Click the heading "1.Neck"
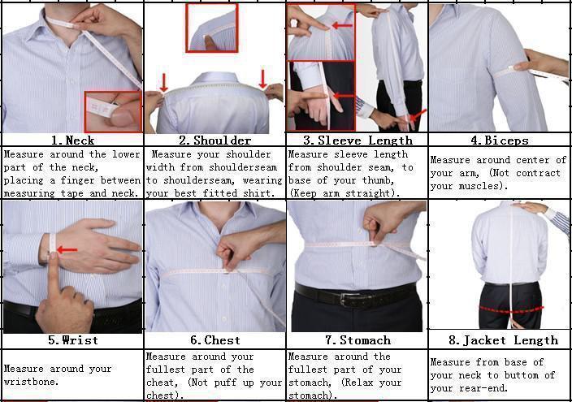click(72, 140)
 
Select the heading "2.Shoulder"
click(214, 140)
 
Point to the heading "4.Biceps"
click(499, 140)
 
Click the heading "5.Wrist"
click(72, 340)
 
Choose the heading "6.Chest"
click(214, 340)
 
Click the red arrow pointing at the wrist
click(67, 250)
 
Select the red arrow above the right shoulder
click(263, 79)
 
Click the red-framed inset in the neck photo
click(113, 112)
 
